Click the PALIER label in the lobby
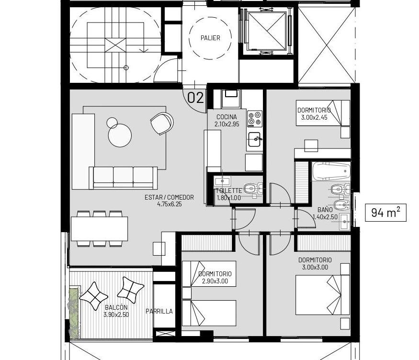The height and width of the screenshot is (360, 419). point(210,38)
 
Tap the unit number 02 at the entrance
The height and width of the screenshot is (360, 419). point(195,98)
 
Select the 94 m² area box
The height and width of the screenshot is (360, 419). point(386,213)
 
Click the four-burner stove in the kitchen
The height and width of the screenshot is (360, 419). point(254,119)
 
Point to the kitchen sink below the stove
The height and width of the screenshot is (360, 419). point(254,140)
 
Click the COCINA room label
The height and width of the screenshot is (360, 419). point(226,117)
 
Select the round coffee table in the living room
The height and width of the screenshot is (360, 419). point(120,135)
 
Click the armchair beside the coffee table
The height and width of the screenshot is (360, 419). point(162,124)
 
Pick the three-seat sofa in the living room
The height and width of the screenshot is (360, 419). point(123,178)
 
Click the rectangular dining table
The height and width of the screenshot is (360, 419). point(99,229)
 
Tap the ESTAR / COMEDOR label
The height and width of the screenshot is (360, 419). point(169,197)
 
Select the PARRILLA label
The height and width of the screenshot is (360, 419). point(159,311)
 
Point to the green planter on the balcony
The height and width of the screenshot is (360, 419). point(74,310)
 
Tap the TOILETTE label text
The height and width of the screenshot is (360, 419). point(229,191)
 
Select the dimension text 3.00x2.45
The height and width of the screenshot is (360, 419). point(314,117)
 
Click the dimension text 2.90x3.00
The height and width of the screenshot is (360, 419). point(215,281)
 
